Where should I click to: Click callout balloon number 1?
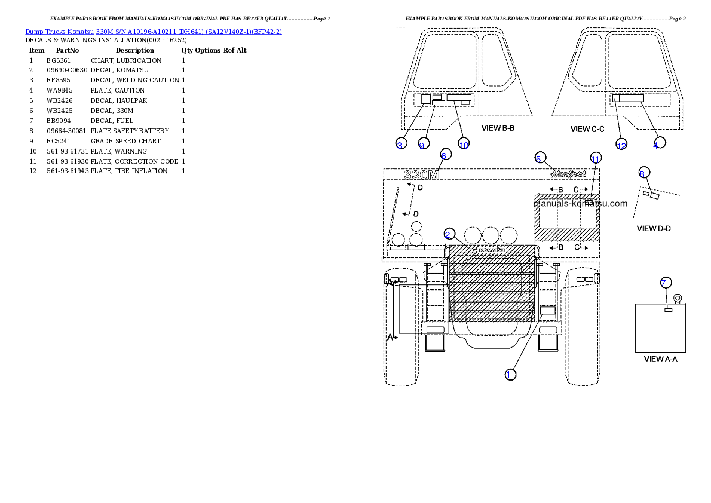510,375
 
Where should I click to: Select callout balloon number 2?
449,235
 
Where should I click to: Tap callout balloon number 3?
402,143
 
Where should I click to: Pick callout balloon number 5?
540,158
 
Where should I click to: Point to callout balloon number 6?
444,154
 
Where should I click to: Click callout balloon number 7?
666,283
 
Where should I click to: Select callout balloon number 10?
464,143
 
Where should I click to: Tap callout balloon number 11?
595,158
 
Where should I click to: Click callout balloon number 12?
621,145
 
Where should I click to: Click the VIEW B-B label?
498,128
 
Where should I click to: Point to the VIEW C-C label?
588,129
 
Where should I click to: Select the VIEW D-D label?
654,228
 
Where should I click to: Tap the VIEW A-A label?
660,359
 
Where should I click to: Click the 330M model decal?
422,174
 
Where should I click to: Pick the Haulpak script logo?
568,173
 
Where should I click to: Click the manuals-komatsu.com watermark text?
581,203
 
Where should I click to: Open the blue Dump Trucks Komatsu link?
154,31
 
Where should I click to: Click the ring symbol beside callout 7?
678,297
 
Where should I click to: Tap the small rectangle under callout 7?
669,309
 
